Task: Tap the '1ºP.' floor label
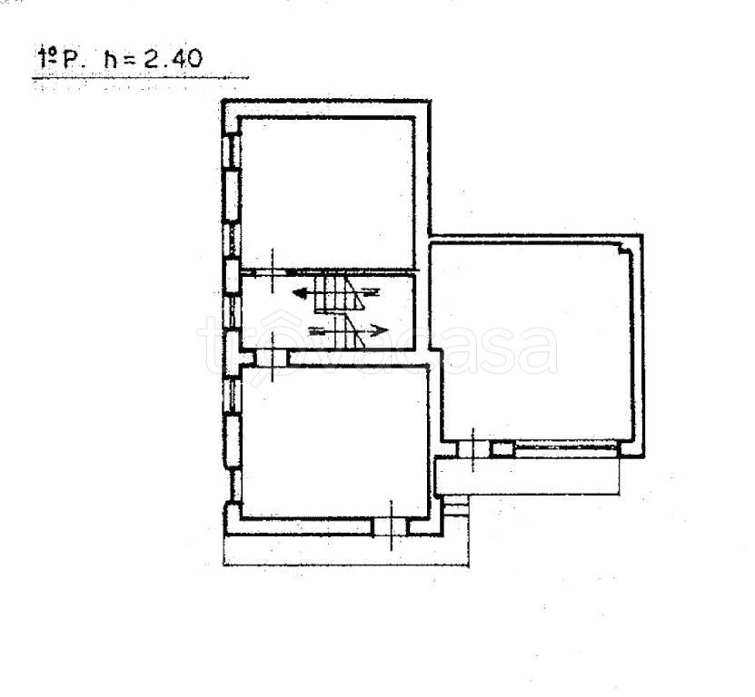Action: coord(61,59)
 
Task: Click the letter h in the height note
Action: coord(111,59)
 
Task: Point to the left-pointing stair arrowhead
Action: coord(299,292)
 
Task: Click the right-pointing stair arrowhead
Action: coord(382,331)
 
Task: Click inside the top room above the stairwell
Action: coord(327,192)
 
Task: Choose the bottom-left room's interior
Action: coord(334,443)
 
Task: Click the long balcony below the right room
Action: coord(527,476)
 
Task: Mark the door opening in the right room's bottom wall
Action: coord(473,449)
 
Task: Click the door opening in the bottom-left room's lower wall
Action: coord(391,526)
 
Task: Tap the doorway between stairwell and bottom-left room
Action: coord(272,358)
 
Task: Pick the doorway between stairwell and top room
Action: coord(272,272)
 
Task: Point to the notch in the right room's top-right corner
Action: coord(624,249)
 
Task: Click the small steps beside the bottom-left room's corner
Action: coord(456,506)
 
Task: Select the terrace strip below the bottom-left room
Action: coord(346,550)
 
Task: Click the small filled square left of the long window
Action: coord(502,449)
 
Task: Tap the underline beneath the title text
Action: coord(140,77)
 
